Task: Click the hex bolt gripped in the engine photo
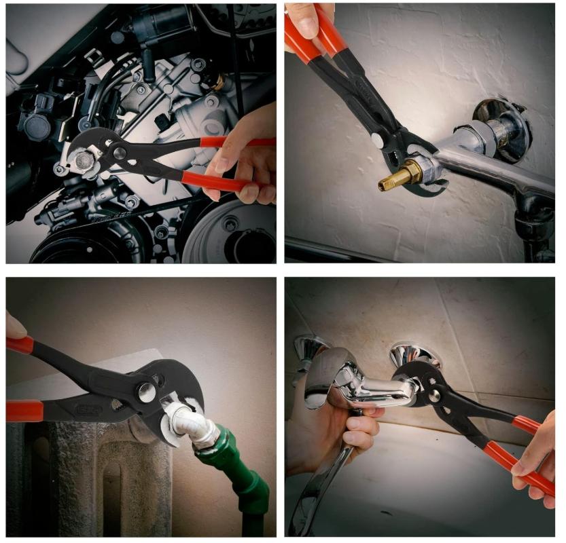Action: coord(84,160)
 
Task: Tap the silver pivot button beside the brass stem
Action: coord(376,140)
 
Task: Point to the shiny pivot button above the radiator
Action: coord(147,392)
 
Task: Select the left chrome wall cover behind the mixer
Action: coord(309,350)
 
